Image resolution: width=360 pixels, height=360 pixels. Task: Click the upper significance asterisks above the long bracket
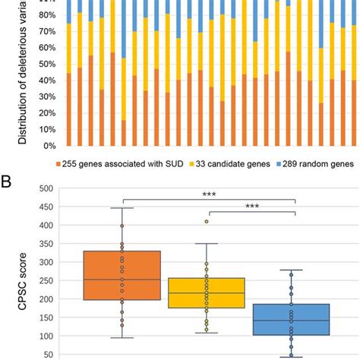pyautogui.click(x=208, y=194)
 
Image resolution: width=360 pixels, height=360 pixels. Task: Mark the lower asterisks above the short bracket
pyautogui.click(x=251, y=207)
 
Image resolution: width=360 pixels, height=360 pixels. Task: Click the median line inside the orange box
pyautogui.click(x=122, y=279)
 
